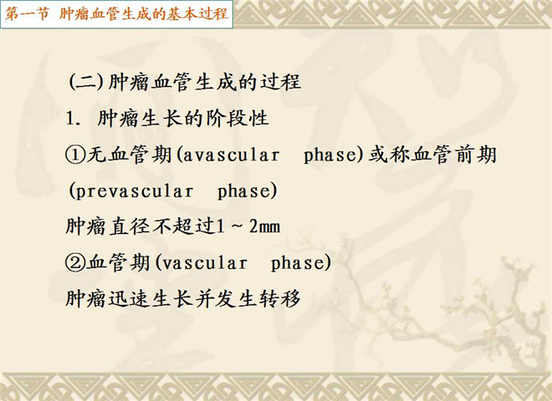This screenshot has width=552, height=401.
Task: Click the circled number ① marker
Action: click(x=75, y=155)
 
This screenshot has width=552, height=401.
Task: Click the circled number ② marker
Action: click(x=75, y=263)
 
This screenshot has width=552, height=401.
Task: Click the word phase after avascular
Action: click(x=330, y=155)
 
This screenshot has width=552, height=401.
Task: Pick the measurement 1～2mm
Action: click(x=248, y=226)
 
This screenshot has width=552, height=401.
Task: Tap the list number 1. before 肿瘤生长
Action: click(x=74, y=119)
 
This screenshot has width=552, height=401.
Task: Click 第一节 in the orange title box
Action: click(x=27, y=14)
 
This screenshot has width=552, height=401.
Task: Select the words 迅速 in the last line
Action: click(x=130, y=299)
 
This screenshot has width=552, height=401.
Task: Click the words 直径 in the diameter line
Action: click(x=130, y=226)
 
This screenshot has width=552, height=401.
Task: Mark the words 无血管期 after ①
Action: click(x=129, y=155)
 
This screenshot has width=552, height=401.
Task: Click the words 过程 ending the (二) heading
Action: click(x=280, y=83)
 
